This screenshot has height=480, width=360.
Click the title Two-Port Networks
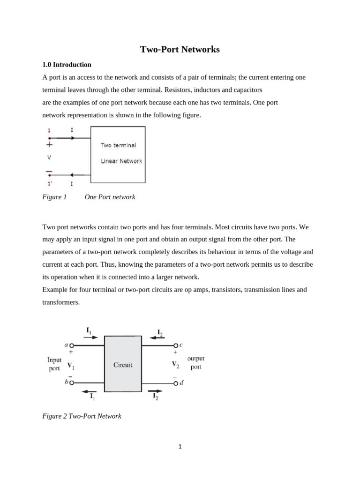tap(180, 49)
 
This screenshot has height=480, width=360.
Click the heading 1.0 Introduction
tap(67, 65)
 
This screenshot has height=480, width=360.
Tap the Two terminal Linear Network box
tap(118, 154)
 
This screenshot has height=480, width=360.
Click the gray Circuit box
tap(123, 364)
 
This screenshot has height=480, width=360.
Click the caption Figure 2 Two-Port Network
tap(82, 416)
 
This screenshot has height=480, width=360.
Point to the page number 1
tap(180, 446)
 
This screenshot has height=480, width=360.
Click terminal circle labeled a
tap(72, 345)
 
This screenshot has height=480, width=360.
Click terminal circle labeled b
tap(72, 382)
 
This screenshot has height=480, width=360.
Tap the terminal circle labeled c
tap(176, 345)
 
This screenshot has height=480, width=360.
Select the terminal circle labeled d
tap(176, 383)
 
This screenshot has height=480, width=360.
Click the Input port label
tap(54, 364)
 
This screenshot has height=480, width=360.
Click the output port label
tap(196, 363)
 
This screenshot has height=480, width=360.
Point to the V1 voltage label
tap(70, 365)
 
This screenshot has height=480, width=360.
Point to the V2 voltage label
tap(175, 364)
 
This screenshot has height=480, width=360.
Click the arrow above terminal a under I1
tap(91, 337)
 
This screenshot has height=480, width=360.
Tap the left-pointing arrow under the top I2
tap(157, 337)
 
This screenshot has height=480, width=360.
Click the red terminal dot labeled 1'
tap(49, 175)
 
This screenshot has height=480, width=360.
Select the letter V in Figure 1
tap(49, 157)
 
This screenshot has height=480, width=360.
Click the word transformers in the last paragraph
tap(61, 302)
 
